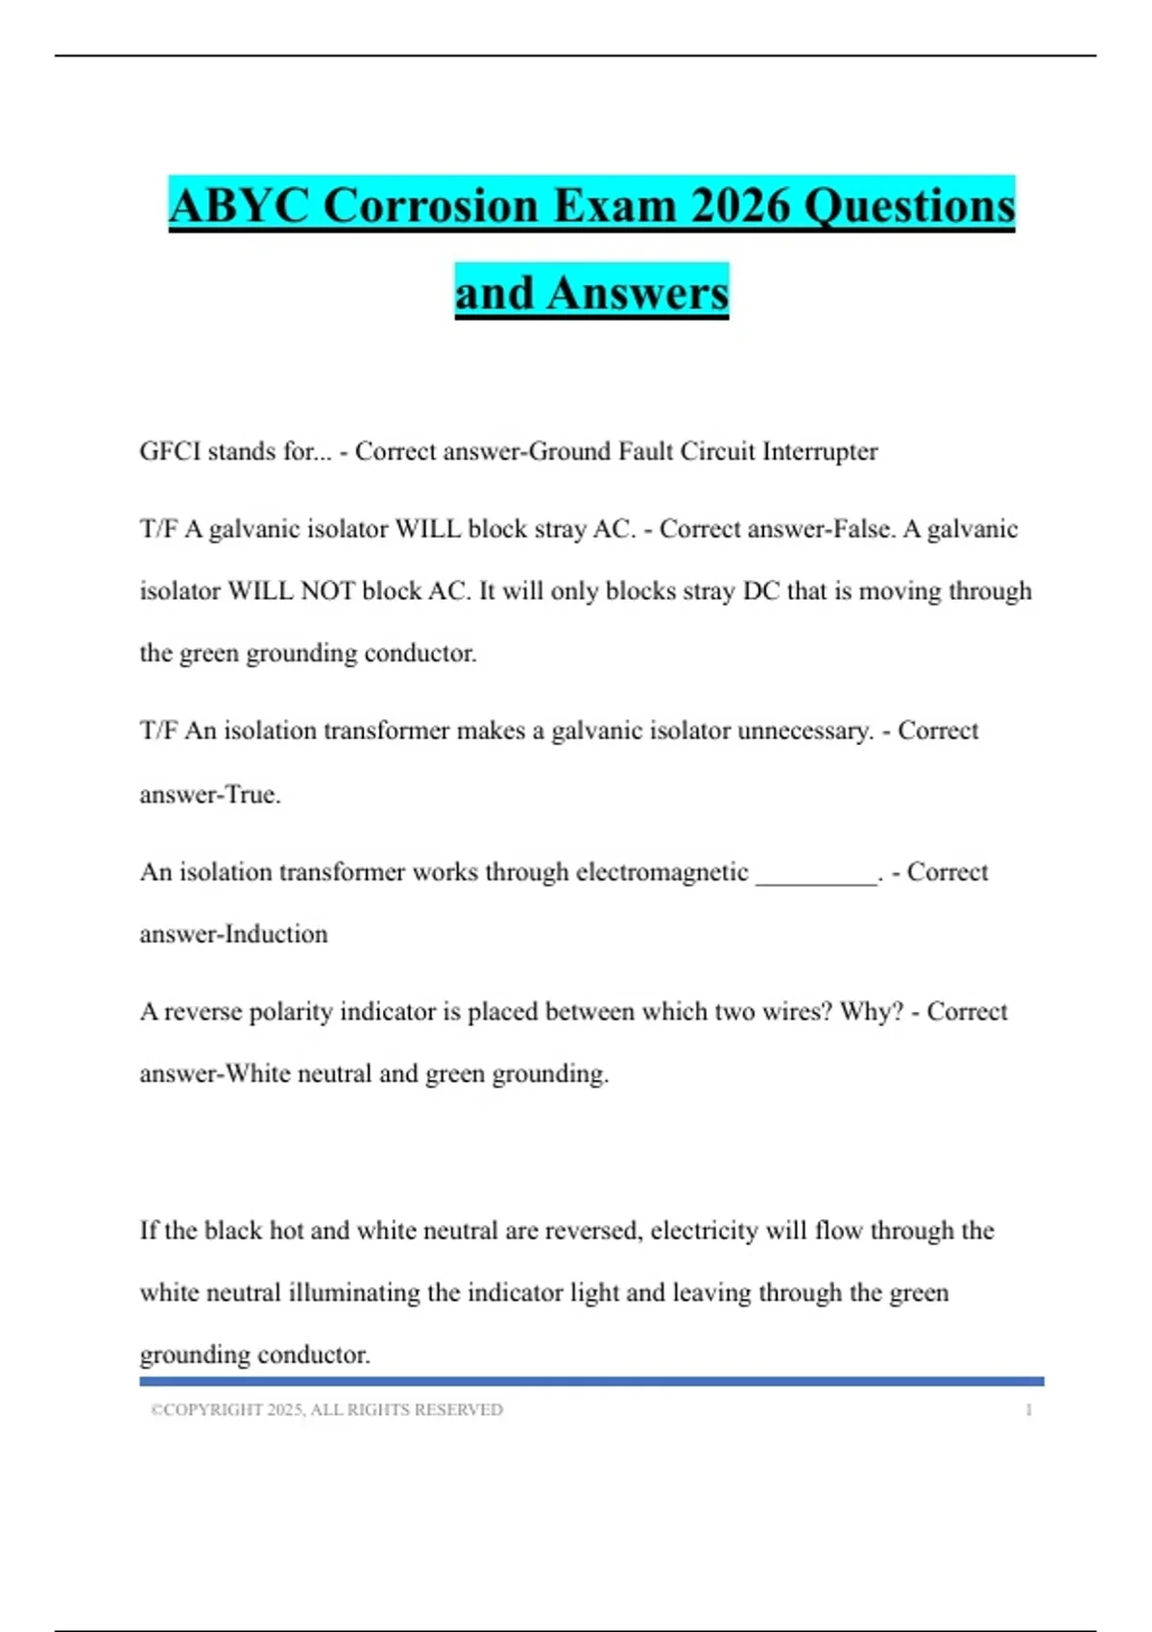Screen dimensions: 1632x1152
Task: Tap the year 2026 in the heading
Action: [740, 205]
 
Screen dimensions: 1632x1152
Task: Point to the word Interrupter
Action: [819, 451]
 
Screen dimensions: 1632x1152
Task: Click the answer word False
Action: [862, 529]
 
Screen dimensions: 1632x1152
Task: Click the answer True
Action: [252, 795]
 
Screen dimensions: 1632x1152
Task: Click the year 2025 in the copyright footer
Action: [285, 1410]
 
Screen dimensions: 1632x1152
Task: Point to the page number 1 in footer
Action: [1029, 1410]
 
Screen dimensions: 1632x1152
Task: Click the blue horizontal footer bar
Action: [591, 1381]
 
